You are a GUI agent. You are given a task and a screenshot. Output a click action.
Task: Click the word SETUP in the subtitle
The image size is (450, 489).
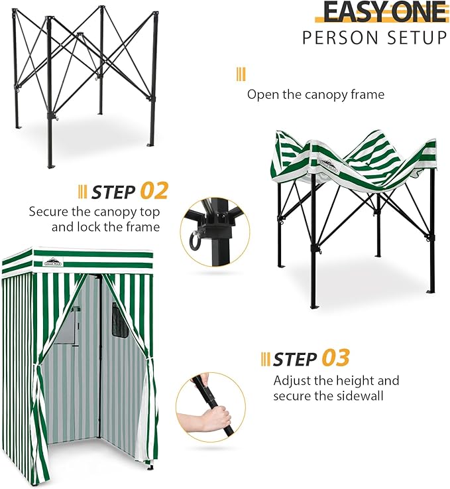(419, 38)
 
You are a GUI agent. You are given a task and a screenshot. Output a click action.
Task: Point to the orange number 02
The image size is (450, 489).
(154, 192)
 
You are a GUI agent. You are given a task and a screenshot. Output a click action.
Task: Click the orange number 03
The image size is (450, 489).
(335, 358)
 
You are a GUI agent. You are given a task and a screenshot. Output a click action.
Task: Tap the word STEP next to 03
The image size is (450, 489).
(295, 359)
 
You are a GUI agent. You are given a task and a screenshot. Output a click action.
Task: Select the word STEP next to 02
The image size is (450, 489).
(114, 192)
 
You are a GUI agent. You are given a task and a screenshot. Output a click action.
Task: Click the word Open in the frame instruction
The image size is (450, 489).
(262, 94)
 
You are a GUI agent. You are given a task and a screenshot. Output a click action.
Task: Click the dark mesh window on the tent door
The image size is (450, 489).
(120, 320)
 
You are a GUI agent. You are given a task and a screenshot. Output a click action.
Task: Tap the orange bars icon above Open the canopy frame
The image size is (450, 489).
(241, 74)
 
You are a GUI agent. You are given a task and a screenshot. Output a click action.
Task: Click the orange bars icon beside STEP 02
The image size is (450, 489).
(82, 192)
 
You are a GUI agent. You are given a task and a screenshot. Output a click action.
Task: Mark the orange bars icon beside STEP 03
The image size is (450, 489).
(265, 359)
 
